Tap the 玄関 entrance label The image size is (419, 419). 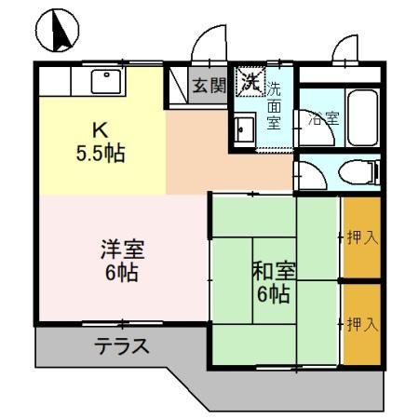[x=209, y=86]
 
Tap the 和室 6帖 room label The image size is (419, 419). [x=274, y=283]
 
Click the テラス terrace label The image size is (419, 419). [x=121, y=346]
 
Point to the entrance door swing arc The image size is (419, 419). [x=207, y=45]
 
